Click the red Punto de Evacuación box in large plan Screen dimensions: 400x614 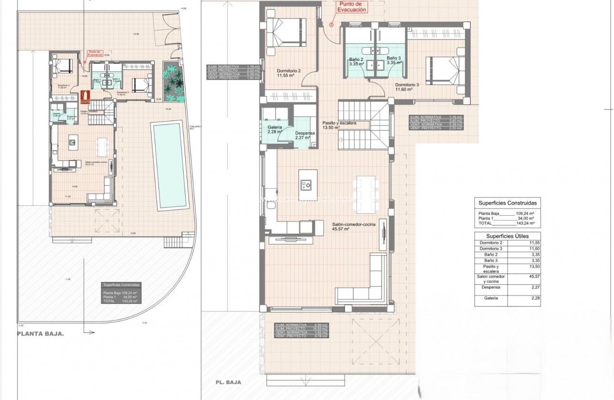[x=352, y=7]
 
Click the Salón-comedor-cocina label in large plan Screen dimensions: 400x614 [x=354, y=226]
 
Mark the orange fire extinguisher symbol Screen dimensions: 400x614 [x=85, y=97]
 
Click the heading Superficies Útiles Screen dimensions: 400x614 [x=507, y=236]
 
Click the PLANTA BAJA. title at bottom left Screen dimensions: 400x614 [x=40, y=334]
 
